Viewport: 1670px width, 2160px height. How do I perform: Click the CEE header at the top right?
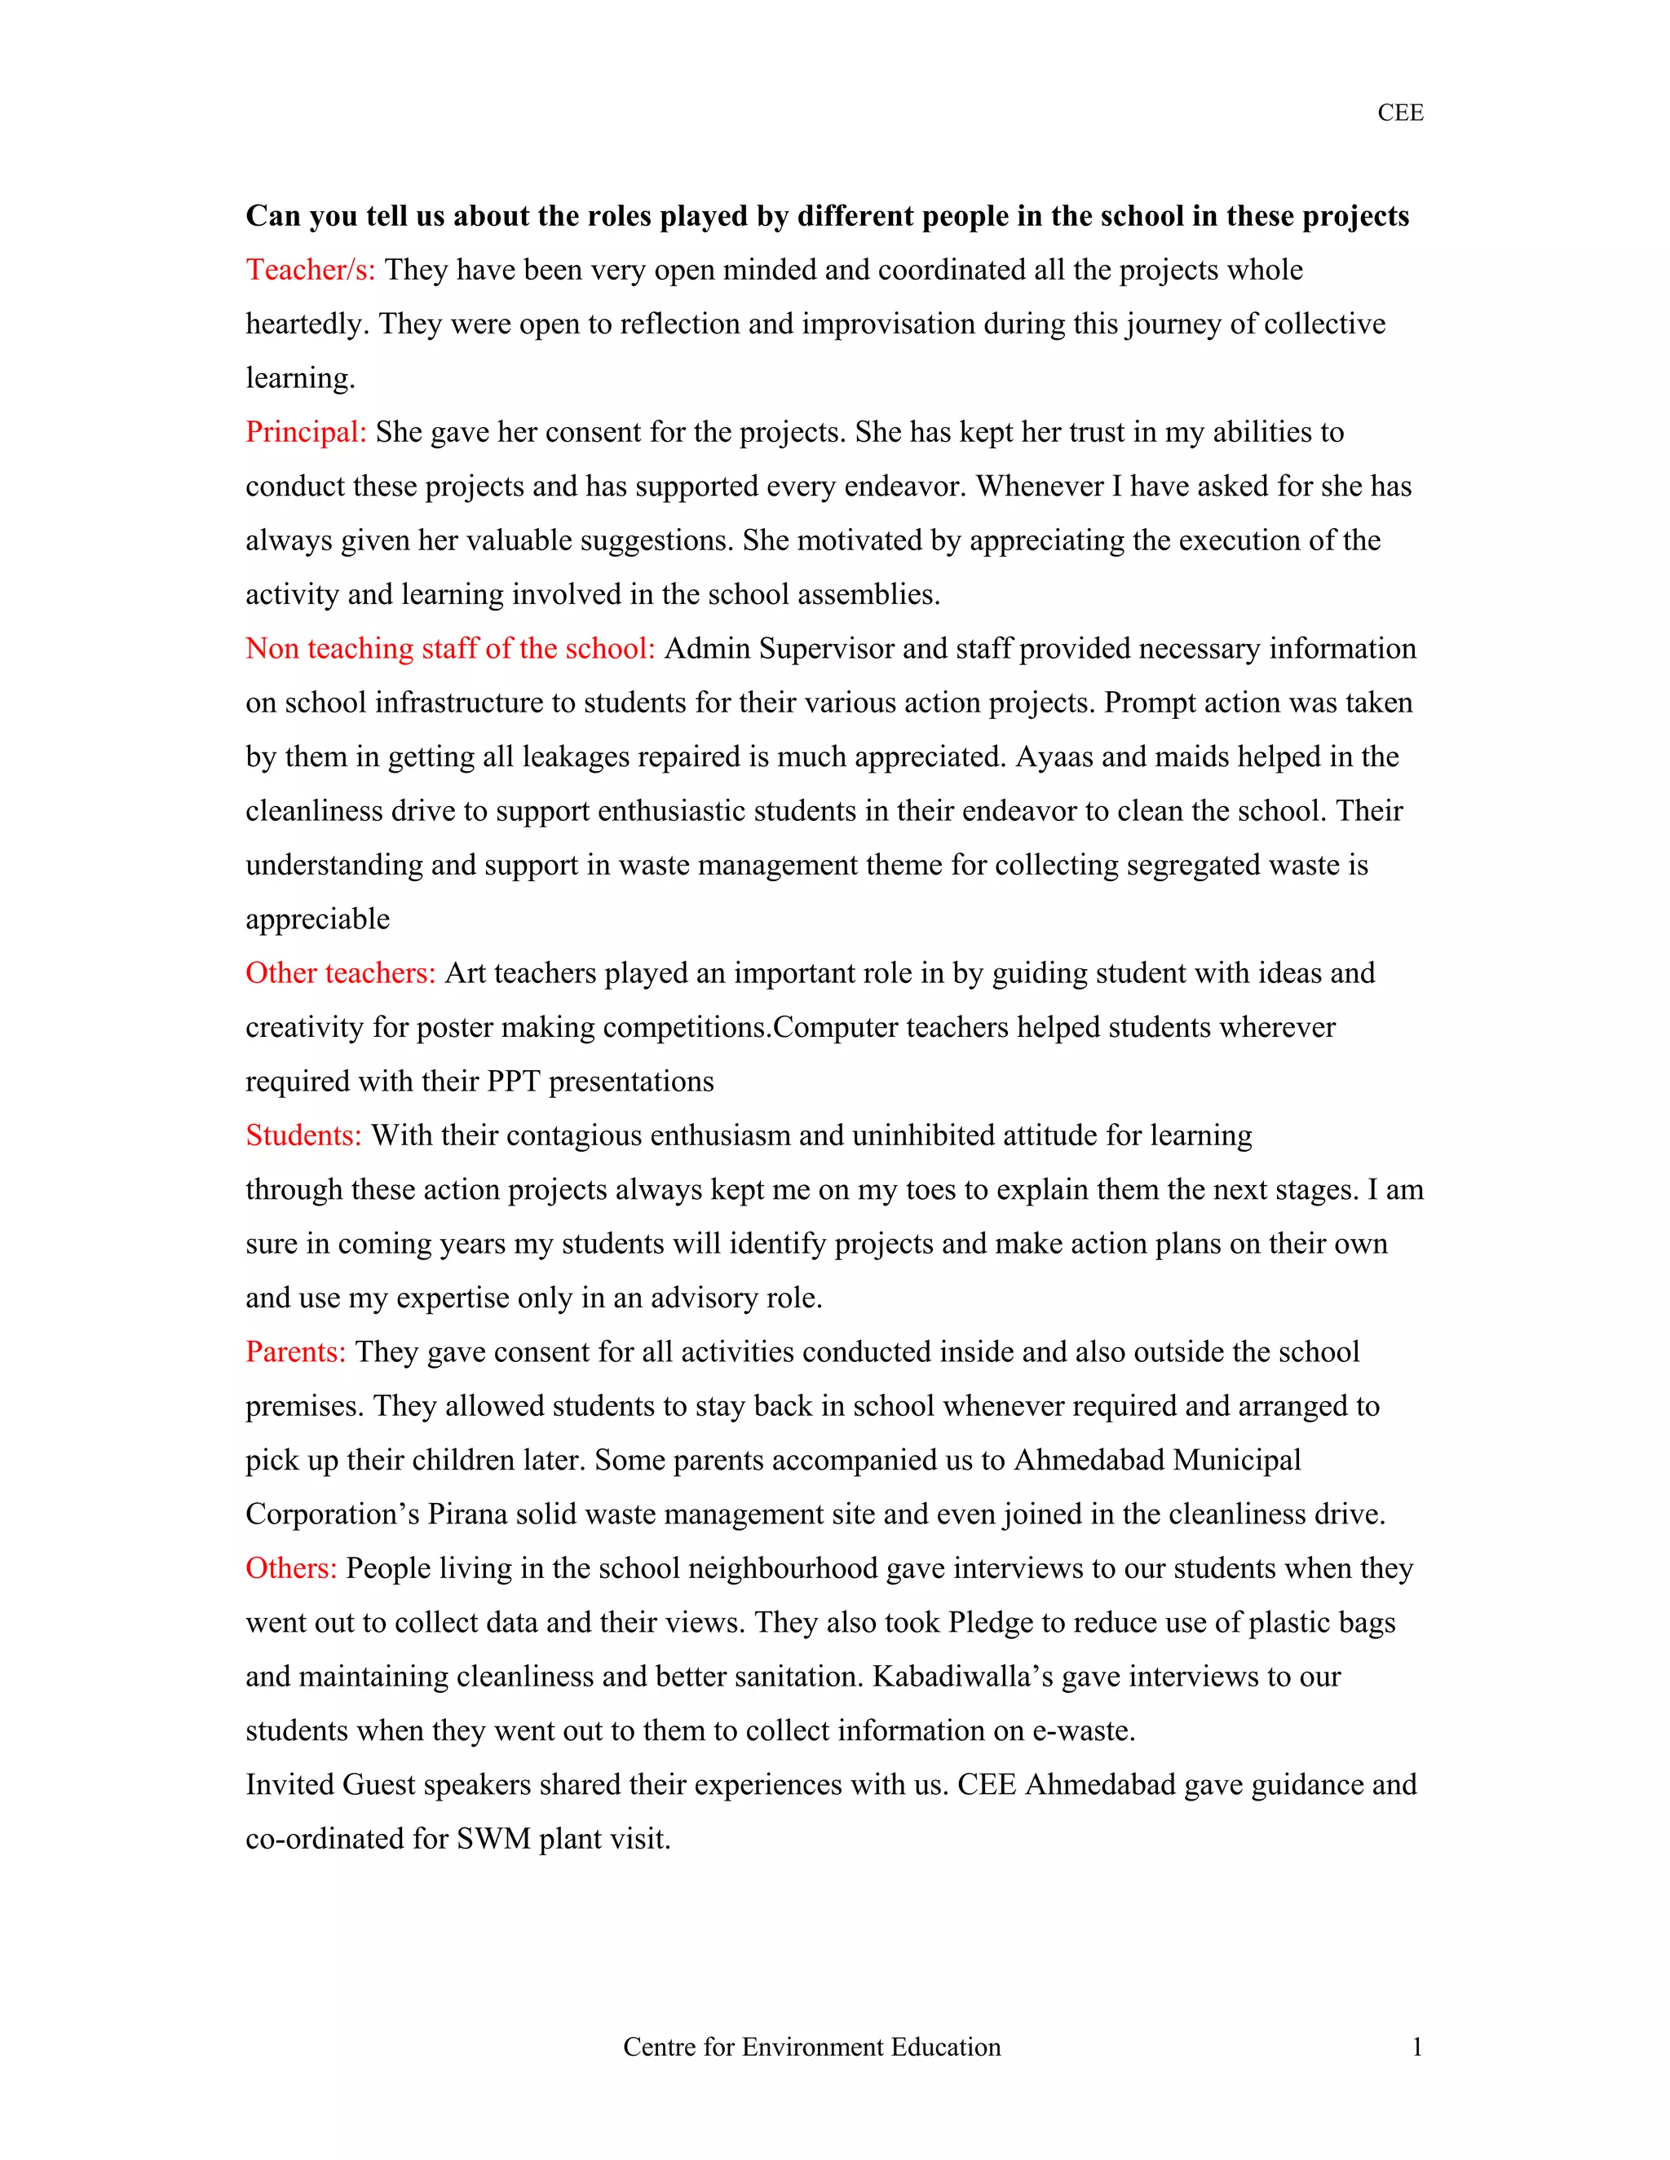click(x=1399, y=112)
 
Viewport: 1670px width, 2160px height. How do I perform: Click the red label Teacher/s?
click(x=310, y=270)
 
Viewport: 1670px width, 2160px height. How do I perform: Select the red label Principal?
click(x=306, y=432)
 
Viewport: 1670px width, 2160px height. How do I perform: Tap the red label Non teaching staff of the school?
click(x=450, y=649)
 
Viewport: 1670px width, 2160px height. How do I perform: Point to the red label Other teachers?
click(x=340, y=973)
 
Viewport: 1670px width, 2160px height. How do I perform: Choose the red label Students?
click(x=303, y=1135)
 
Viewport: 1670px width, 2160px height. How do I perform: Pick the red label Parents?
click(x=296, y=1352)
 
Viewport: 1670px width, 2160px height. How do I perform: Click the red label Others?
click(x=291, y=1568)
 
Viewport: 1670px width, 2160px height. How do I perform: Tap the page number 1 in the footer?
click(x=1416, y=2048)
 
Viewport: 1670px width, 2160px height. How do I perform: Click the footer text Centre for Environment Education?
click(x=811, y=2048)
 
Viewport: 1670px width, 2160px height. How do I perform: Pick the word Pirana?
click(x=467, y=1514)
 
